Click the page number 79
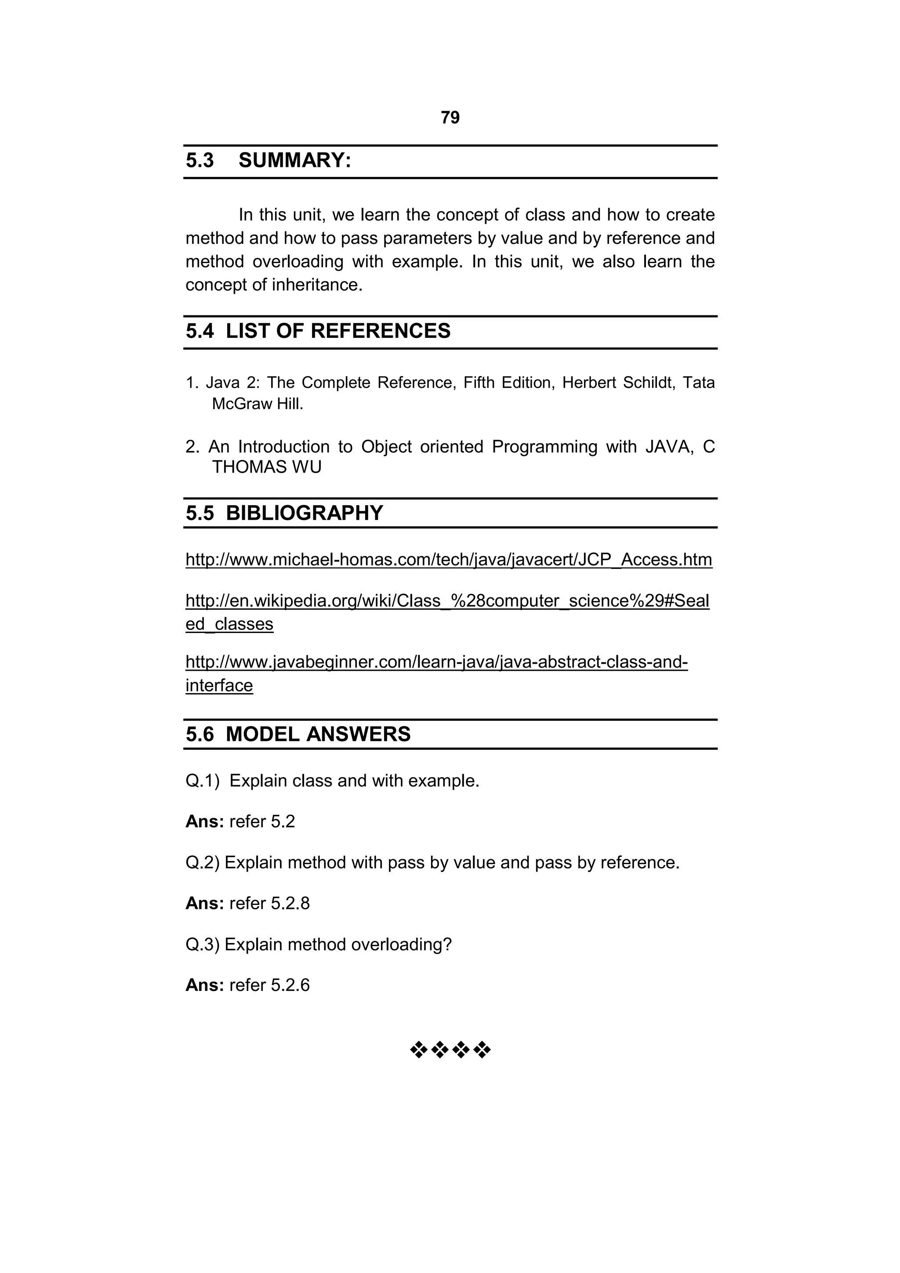[450, 118]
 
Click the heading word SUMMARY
[294, 161]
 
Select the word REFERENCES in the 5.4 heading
[381, 331]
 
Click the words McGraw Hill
[258, 404]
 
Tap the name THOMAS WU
[266, 467]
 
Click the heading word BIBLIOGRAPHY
[305, 513]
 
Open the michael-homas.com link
[449, 560]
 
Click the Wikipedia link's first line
[447, 601]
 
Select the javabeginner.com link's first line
[436, 662]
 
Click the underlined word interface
[219, 686]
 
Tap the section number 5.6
[200, 734]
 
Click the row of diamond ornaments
[450, 1049]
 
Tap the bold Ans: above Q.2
[204, 822]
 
